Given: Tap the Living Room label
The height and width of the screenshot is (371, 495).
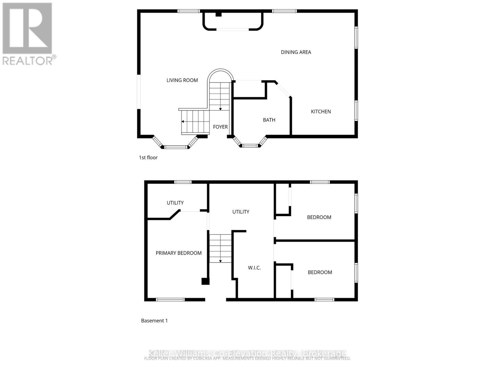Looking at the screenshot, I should click(x=182, y=80).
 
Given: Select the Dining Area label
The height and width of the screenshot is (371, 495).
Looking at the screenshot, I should click(x=296, y=52).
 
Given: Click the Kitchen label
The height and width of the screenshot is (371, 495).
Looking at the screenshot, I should click(x=321, y=112).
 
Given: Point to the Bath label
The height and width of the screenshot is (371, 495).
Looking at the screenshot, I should click(x=269, y=120).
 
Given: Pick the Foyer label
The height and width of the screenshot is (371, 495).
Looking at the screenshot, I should click(x=220, y=127).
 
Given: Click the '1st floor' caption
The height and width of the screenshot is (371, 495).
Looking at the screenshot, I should click(x=148, y=158).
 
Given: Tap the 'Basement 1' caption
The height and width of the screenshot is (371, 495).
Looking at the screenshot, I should click(x=154, y=321).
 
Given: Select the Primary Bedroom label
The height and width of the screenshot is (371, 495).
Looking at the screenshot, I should click(x=179, y=253).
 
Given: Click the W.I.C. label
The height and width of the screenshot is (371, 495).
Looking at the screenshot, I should click(x=254, y=268).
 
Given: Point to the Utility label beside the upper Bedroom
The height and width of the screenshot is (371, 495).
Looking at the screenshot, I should click(x=241, y=212).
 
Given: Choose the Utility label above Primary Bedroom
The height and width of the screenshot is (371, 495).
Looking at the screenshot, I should click(x=175, y=203).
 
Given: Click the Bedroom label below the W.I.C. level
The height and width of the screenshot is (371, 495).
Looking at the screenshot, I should click(x=320, y=272).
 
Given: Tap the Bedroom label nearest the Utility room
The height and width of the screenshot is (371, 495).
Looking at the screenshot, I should click(x=319, y=217).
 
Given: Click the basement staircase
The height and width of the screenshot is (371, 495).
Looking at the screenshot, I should click(x=220, y=248).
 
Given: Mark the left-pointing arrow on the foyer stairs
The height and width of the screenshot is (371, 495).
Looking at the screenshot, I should click(x=183, y=122).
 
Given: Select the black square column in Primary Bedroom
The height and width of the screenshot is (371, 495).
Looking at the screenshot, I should click(x=205, y=281).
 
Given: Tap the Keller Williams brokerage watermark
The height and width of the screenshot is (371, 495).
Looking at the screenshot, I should click(x=247, y=353).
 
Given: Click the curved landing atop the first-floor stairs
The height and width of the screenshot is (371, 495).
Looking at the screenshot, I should click(x=220, y=76).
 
